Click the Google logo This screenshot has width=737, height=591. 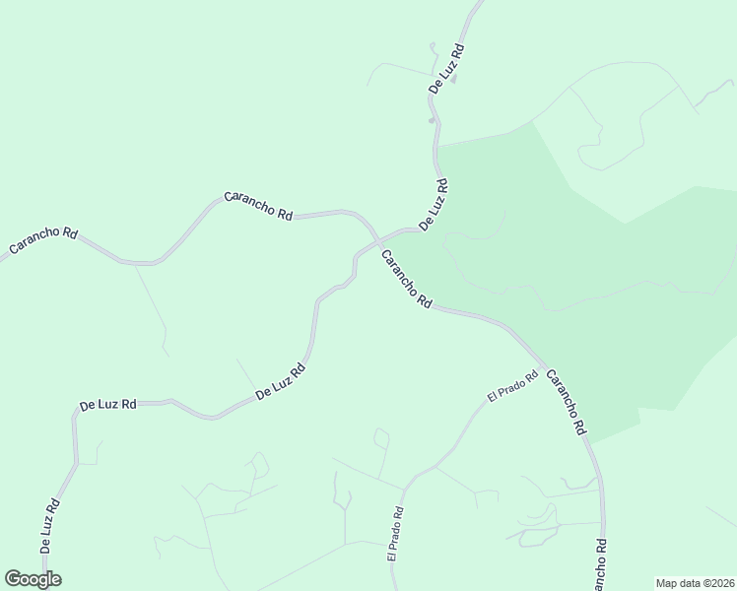(x=33, y=579)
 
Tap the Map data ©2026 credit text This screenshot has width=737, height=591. (x=696, y=582)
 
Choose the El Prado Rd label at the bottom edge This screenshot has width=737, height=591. (x=396, y=535)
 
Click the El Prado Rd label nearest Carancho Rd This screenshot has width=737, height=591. (x=512, y=385)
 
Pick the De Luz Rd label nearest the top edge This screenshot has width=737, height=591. (x=446, y=68)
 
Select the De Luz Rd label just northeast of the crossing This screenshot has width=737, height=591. (x=434, y=205)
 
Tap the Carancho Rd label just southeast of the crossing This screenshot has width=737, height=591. (x=406, y=281)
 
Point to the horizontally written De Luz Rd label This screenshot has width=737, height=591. (x=107, y=404)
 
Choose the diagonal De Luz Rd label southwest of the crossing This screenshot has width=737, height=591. (x=281, y=382)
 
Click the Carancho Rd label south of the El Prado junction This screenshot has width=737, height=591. (x=567, y=403)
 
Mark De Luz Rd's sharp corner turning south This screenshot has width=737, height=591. (x=75, y=415)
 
